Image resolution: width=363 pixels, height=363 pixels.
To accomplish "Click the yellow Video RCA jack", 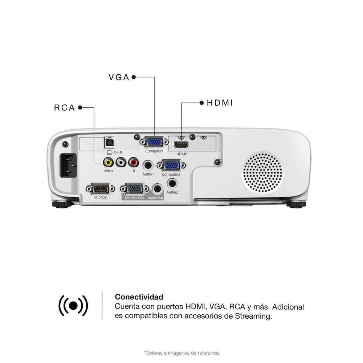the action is point(108,162).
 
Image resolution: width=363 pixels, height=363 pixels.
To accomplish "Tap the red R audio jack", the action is point(134,162).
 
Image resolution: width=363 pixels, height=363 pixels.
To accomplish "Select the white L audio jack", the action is point(121,162).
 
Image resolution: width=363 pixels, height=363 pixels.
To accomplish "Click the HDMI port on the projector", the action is point(181,145).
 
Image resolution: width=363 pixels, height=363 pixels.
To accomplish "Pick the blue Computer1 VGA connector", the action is point(154,142).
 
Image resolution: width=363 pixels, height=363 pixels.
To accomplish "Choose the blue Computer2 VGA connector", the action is point(171,166).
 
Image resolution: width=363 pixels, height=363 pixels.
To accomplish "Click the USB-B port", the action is point(109,143).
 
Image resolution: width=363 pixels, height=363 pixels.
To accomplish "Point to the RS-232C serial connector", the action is point(101,189).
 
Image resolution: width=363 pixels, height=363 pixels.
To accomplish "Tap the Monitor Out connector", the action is point(135,189).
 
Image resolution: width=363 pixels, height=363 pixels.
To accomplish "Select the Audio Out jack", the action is point(158,189).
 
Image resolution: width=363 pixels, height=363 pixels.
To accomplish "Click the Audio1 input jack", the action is point(148,166).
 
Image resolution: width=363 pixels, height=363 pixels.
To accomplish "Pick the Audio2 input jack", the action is point(172,184).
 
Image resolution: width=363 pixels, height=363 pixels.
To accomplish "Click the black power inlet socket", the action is point(68,165).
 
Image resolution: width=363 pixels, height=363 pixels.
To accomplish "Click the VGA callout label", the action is point(119,77).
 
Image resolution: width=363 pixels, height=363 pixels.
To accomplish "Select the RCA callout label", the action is point(64,108).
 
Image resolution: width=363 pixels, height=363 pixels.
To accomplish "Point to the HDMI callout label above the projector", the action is point(220,103).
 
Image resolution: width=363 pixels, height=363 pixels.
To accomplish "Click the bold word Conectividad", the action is point(139,297).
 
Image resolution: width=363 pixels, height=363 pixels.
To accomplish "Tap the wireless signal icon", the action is point(73,306).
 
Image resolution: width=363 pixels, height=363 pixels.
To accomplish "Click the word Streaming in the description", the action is point(253,316).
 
